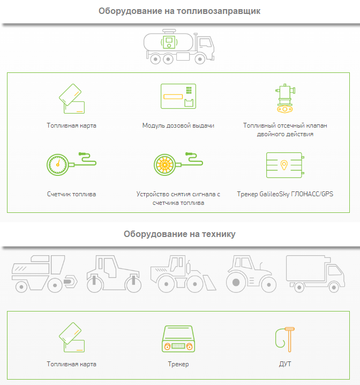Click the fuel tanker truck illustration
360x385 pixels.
pos(179,47)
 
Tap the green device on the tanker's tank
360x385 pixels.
pos(169,42)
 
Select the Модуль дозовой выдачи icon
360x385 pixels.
pos(178,97)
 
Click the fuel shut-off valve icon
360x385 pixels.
pos(285,99)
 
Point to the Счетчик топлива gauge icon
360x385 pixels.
pos(71,164)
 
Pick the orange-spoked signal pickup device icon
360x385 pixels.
pos(178,164)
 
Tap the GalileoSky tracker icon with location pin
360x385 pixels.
pos(285,165)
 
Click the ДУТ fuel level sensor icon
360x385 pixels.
pos(285,339)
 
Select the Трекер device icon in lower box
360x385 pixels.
pos(178,339)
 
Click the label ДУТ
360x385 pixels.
pos(285,364)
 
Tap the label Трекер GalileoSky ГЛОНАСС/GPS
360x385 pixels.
pos(285,194)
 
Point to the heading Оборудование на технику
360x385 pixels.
pos(179,234)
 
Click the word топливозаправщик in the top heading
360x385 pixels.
pos(219,11)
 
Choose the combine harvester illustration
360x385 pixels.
pos(44,273)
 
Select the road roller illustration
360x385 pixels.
pos(114,273)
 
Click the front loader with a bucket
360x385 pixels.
pos(183,273)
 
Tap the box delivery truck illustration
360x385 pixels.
pos(316,273)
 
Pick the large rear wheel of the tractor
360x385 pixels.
pos(236,283)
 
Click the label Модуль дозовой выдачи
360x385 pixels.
pos(178,125)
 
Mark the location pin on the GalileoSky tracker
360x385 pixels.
pos(284,165)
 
